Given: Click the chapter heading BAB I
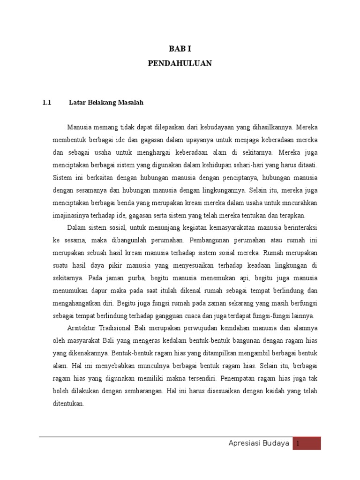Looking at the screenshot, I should tap(180, 49).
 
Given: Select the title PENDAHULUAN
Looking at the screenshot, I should tap(180, 63).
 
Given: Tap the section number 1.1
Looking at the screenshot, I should tap(46, 102).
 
